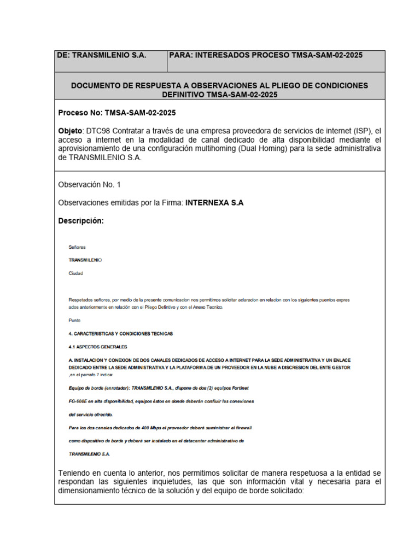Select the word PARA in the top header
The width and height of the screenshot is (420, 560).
[x=182, y=55]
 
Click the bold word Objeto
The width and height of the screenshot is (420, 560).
[x=70, y=131]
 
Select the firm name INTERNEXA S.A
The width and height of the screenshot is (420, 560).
[x=214, y=203]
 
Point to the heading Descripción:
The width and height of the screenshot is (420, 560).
[x=80, y=221]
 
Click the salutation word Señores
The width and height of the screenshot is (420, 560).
[x=77, y=247]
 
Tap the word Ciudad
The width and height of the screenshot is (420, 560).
[x=76, y=273]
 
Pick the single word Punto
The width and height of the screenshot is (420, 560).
[x=75, y=320]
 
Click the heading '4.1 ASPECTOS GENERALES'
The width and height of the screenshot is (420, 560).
[x=97, y=347]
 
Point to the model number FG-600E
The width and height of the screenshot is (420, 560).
[x=78, y=401]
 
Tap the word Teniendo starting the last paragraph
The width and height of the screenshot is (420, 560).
[x=75, y=472]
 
